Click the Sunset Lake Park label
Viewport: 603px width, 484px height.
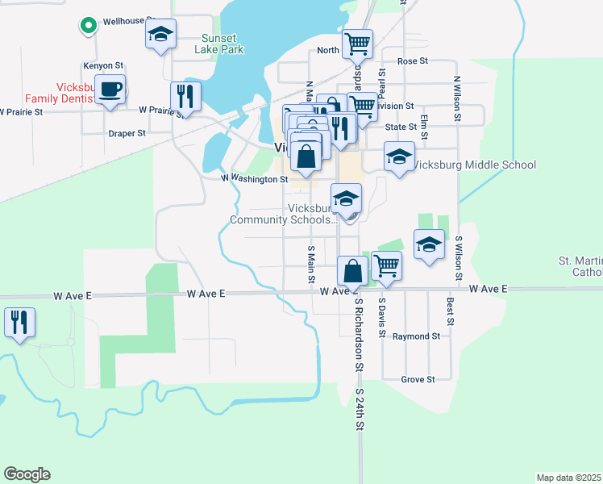click(218, 43)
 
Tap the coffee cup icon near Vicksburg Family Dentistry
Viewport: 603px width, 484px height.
click(112, 89)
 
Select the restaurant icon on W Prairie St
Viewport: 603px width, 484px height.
click(185, 97)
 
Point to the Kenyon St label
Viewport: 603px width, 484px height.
click(102, 65)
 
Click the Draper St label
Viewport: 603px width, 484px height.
click(127, 133)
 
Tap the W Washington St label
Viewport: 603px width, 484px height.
click(255, 178)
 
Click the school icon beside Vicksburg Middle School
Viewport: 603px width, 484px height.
click(398, 158)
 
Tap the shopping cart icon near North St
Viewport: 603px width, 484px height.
click(357, 44)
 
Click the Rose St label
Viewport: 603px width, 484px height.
click(411, 61)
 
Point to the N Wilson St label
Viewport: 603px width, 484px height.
click(456, 99)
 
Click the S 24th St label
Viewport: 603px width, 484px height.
click(360, 410)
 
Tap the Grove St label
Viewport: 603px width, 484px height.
click(418, 379)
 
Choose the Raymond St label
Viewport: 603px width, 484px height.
click(416, 336)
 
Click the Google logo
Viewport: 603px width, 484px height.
click(27, 474)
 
